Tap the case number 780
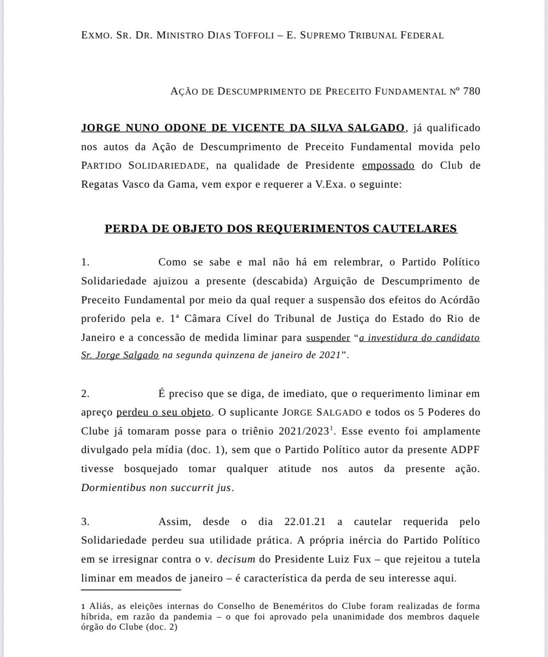(x=471, y=91)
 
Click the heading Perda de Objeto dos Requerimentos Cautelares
(x=281, y=228)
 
